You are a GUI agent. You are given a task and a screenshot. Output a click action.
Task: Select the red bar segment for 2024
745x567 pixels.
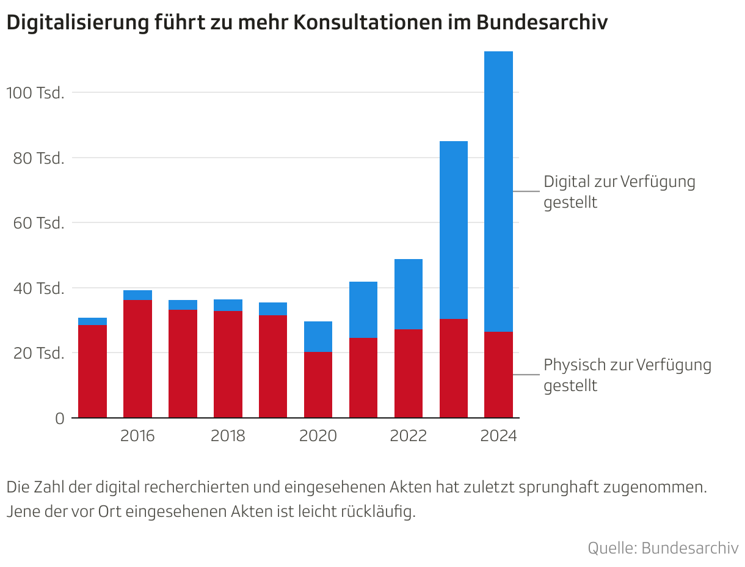click(x=498, y=375)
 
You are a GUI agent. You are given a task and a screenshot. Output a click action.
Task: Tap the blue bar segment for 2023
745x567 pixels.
click(x=453, y=230)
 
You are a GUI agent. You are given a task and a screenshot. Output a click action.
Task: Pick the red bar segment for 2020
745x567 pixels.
click(x=318, y=384)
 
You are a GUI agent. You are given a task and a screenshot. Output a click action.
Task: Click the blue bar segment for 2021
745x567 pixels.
click(x=363, y=310)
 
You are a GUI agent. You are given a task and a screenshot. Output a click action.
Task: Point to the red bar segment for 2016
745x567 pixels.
click(x=137, y=359)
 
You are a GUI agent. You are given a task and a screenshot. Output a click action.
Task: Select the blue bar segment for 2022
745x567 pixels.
click(x=409, y=294)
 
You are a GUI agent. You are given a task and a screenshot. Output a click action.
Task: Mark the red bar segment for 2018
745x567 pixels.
click(x=228, y=364)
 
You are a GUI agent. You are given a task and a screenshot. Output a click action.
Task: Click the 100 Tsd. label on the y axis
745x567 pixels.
click(x=35, y=93)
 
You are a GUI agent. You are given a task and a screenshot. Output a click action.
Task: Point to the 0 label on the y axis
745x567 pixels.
click(x=59, y=419)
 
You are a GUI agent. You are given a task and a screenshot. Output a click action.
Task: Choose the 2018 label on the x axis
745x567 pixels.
click(x=228, y=436)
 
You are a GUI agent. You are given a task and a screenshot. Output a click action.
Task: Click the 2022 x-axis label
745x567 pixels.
click(x=409, y=436)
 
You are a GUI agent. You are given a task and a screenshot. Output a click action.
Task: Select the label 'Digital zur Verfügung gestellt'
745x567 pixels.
click(x=619, y=192)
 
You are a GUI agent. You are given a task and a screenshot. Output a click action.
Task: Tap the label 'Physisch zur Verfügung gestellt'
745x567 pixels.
click(x=627, y=375)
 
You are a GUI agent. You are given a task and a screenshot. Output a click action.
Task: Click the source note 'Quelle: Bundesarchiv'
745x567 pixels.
click(x=663, y=547)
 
